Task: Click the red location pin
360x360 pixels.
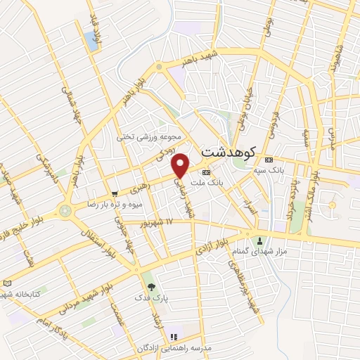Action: [x=181, y=165]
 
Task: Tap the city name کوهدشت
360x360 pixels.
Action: [x=229, y=151]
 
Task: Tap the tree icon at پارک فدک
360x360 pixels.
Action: [x=148, y=286]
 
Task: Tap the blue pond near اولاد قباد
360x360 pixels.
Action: [x=91, y=41]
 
